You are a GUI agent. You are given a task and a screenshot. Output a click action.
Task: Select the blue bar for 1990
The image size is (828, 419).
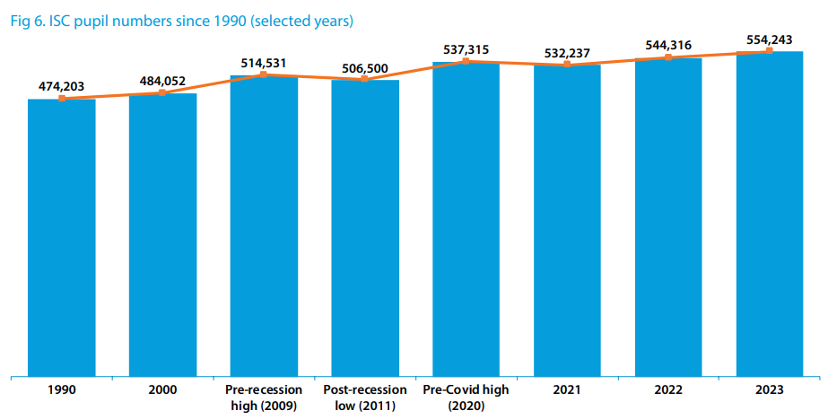62,238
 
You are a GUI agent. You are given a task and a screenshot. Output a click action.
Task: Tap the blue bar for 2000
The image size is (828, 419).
162,235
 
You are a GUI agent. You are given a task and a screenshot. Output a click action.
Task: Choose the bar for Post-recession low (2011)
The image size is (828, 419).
365,229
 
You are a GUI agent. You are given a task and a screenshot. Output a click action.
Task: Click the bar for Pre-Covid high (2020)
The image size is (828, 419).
466,219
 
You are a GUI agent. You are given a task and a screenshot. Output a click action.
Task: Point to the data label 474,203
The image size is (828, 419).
62,86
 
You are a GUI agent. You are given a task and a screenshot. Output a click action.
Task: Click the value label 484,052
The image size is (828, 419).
162,81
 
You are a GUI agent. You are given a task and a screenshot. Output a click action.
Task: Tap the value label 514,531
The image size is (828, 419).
264,63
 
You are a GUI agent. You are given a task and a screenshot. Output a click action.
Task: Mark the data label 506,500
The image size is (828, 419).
365,68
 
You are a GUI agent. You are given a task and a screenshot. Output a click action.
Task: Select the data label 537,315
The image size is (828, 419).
466,49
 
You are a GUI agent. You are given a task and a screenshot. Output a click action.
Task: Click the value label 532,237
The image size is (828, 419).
567,53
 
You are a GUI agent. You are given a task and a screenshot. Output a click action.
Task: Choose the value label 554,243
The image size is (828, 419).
770,39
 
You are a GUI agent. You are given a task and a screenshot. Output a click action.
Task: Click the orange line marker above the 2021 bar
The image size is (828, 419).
567,65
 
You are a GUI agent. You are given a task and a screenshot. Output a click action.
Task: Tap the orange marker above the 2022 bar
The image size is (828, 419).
668,57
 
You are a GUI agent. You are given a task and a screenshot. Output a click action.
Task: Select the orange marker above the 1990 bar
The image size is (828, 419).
62,98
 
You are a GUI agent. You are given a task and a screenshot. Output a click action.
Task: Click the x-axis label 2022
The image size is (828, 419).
668,389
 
